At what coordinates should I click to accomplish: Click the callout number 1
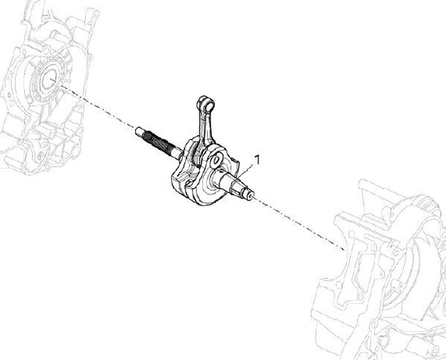click(256, 159)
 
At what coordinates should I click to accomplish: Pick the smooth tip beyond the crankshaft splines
click(139, 132)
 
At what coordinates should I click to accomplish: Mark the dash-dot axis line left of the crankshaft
click(93, 105)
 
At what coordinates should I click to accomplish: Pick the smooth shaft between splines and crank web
click(176, 151)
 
